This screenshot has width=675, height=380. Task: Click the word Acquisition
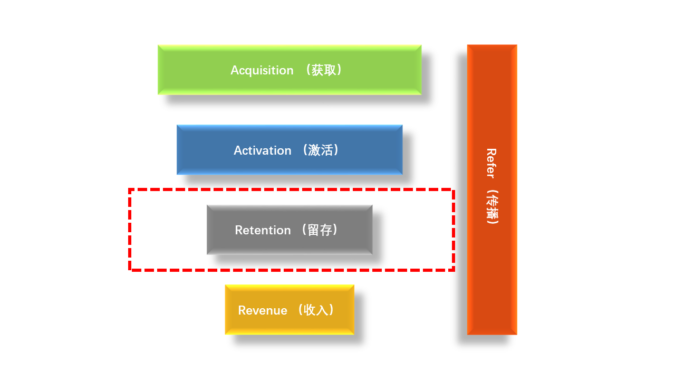coord(262,70)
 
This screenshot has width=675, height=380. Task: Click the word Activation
coord(263,150)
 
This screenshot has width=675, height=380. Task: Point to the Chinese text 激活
coord(320,150)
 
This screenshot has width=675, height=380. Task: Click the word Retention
coord(263,230)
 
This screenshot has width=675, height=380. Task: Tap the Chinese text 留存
coord(320,230)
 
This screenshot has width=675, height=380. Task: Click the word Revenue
coord(263,310)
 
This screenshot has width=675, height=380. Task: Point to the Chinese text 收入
coord(316,310)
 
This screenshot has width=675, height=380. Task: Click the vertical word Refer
coord(491,163)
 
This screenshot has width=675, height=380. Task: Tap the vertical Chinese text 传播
coord(491,206)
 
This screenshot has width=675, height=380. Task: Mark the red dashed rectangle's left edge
coord(130,230)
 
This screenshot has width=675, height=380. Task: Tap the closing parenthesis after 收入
coord(331,310)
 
